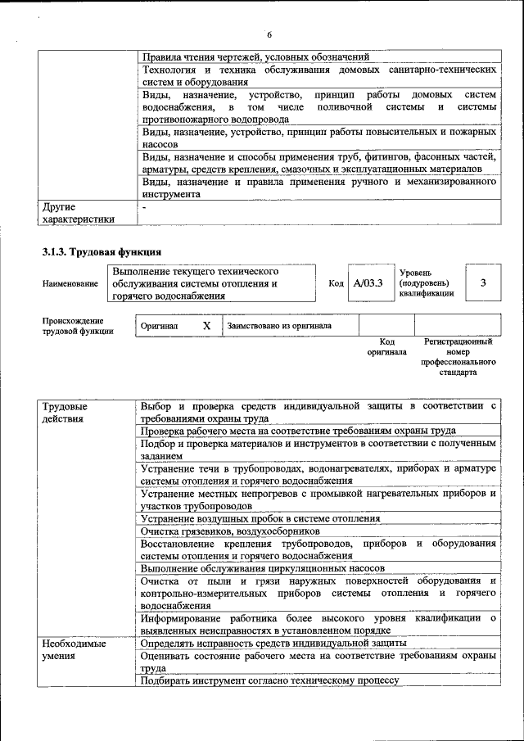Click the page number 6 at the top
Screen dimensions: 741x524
pos(269,34)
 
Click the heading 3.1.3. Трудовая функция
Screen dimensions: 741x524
pos(102,251)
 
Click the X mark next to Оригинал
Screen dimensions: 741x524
pos(206,326)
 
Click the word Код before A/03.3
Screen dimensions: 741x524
pos(336,283)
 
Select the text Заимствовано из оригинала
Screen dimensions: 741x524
pos(279,326)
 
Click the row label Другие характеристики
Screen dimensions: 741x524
pos(78,213)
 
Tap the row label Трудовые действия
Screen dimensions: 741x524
pos(66,412)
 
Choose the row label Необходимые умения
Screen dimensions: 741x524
pos(75,649)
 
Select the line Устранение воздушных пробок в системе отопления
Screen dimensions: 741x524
pos(260,518)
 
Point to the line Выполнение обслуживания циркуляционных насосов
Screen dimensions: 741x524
pos(262,567)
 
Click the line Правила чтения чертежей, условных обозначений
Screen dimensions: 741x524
pos(255,56)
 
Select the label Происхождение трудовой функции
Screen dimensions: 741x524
pos(73,326)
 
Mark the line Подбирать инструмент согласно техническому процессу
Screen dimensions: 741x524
pos(269,680)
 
